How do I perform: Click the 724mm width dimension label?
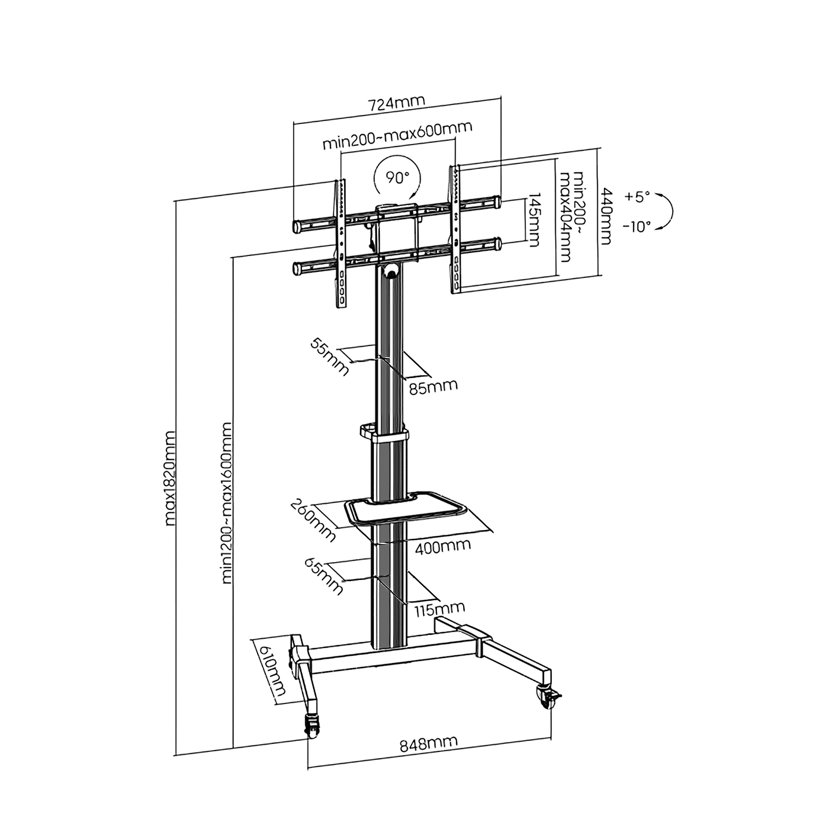(x=397, y=104)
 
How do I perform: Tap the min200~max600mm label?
(x=397, y=136)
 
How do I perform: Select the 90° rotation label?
(x=397, y=177)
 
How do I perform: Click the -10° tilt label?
(x=637, y=226)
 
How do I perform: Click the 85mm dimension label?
(x=433, y=386)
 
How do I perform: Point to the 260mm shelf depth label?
(x=312, y=520)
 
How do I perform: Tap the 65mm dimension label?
(x=324, y=576)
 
